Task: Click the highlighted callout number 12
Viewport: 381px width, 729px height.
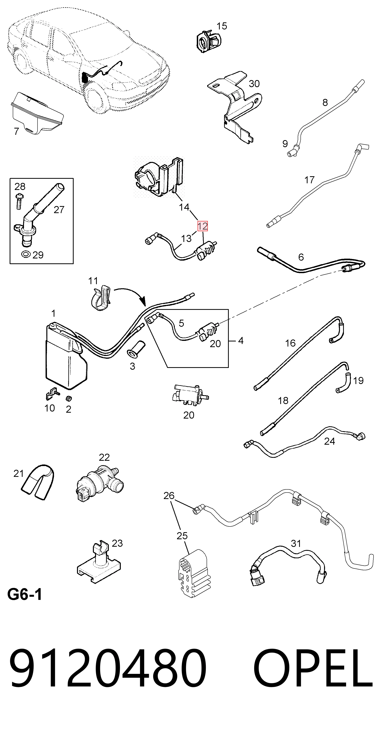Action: (202, 226)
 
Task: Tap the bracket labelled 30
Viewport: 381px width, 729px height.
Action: (235, 106)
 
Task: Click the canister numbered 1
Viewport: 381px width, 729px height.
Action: (66, 355)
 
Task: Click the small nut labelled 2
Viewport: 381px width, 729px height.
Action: (68, 399)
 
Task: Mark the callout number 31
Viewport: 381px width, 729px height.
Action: (296, 543)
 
